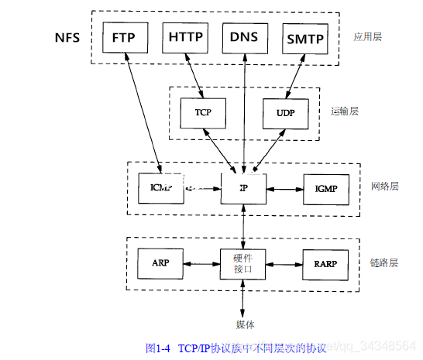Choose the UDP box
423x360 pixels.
coord(285,112)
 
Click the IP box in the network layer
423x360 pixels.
coord(244,188)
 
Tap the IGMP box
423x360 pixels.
coord(325,188)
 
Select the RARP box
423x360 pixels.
coord(325,263)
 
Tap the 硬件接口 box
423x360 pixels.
coord(244,263)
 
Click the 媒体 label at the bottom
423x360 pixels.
coord(245,324)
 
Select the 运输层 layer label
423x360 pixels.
coord(344,111)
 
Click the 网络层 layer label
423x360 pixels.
coord(384,187)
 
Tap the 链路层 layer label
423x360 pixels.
coord(384,262)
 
